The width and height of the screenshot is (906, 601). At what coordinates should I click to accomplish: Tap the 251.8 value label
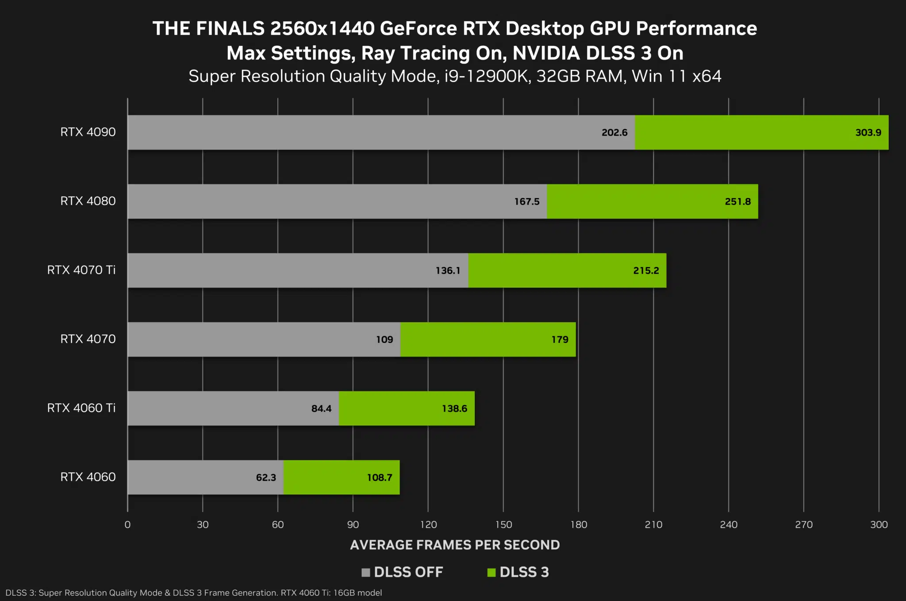click(x=737, y=202)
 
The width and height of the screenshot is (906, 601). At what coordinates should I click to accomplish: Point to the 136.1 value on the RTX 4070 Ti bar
click(x=448, y=270)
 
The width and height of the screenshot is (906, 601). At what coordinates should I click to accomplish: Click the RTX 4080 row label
click(x=88, y=201)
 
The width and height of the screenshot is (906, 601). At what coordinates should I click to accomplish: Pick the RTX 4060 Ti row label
click(x=81, y=408)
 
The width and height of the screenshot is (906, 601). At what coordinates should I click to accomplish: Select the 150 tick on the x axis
click(x=503, y=525)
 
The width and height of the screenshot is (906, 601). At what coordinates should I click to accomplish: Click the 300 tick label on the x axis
click(x=879, y=525)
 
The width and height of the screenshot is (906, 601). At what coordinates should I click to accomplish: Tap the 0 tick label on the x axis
click(x=127, y=525)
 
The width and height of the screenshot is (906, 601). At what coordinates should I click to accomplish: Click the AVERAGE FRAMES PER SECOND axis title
click(x=455, y=545)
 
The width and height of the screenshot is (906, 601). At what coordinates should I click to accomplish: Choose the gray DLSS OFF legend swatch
click(x=365, y=573)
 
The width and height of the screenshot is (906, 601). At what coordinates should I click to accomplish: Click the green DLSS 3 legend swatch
click(x=491, y=573)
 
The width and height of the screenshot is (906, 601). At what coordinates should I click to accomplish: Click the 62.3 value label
click(x=266, y=478)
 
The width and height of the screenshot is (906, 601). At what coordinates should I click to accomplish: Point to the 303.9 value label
click(x=868, y=133)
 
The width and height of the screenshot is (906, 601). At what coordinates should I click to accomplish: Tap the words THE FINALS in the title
click(x=208, y=29)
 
